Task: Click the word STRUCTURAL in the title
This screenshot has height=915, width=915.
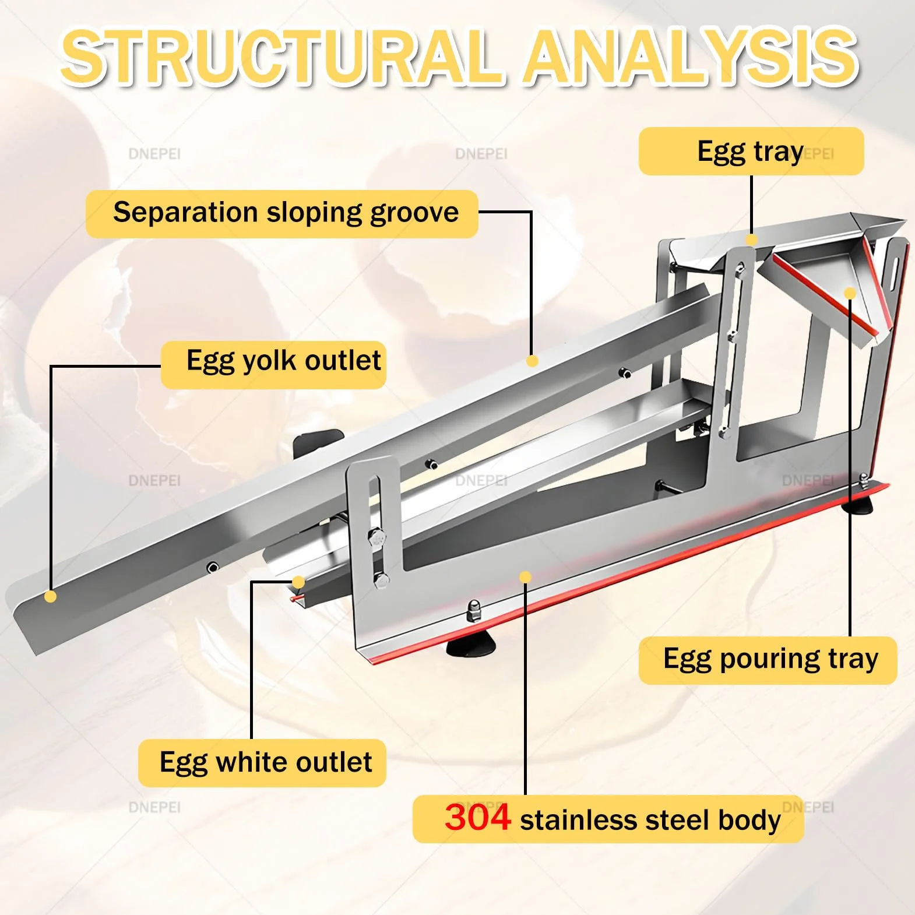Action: point(281,57)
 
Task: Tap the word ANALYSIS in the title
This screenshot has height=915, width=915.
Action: point(691,57)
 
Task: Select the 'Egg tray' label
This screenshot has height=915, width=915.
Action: point(751,152)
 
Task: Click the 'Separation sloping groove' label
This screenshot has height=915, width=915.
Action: point(282,213)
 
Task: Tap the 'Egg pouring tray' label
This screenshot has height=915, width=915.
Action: point(768,660)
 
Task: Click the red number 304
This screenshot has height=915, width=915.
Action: point(477,817)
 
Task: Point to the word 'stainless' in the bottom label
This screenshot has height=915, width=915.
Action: point(579,820)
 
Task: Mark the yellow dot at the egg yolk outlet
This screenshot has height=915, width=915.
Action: point(51,596)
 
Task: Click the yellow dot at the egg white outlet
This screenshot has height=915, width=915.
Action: point(298,582)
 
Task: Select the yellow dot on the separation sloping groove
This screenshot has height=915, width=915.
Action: point(532,361)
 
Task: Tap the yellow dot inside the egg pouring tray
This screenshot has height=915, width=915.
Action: point(850,293)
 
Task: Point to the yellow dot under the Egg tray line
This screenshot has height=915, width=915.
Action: point(752,240)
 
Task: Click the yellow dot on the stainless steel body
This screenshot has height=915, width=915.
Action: point(525,577)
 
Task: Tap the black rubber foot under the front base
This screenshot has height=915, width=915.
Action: point(471,646)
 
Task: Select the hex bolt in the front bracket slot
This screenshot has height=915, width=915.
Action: point(377,537)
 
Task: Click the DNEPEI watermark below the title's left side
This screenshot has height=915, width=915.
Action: point(154,154)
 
